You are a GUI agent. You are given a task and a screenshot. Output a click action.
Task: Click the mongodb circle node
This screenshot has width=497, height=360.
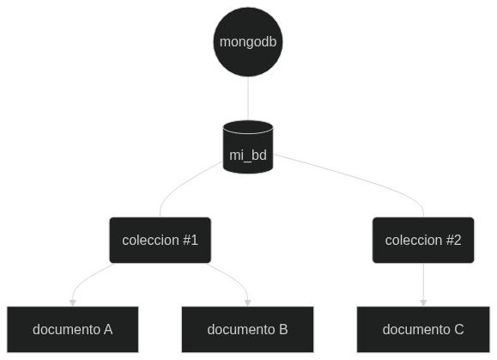click(x=248, y=42)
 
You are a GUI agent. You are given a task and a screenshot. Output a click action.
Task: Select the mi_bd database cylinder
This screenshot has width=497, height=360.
click(x=248, y=147)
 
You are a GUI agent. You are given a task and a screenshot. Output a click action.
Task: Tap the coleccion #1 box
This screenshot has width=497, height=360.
click(x=160, y=240)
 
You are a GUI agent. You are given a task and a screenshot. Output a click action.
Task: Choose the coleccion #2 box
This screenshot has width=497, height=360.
click(x=423, y=240)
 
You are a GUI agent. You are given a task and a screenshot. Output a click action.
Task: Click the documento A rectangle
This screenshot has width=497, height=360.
click(x=73, y=329)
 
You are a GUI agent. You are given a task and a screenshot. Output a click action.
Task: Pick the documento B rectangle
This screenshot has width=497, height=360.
click(x=247, y=329)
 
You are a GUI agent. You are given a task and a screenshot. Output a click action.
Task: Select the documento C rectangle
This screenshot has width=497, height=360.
click(x=423, y=329)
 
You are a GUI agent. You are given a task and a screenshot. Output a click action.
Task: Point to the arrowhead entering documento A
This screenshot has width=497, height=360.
click(x=73, y=303)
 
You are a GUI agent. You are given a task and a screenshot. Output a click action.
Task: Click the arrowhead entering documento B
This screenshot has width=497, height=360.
click(x=248, y=303)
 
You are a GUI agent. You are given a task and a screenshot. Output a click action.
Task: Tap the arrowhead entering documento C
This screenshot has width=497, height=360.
click(x=423, y=303)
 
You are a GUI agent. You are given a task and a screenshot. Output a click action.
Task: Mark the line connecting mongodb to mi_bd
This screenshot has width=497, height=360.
click(x=248, y=98)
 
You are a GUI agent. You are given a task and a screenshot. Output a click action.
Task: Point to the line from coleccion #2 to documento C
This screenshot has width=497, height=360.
click(x=423, y=281)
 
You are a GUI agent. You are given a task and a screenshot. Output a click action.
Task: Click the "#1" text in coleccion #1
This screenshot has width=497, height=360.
click(x=191, y=240)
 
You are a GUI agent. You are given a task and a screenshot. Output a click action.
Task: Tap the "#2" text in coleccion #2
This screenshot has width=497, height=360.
click(x=453, y=240)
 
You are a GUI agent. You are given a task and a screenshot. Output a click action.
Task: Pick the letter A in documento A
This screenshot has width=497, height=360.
click(x=108, y=330)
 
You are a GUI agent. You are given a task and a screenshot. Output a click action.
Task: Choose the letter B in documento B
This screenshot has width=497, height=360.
click(x=283, y=330)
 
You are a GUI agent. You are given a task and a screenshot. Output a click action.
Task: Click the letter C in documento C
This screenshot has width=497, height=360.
click(x=459, y=330)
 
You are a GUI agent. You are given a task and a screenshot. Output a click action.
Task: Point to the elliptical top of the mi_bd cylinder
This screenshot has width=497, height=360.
click(x=248, y=127)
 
